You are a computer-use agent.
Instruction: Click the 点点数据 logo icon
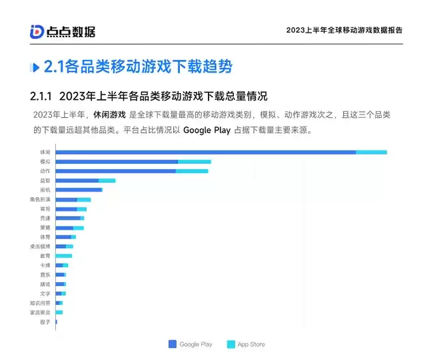coord(37,32)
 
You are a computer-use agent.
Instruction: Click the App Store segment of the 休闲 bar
coord(371,152)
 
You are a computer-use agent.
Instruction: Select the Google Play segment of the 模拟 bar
coord(117,162)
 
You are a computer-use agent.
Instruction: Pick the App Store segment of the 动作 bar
coord(192,171)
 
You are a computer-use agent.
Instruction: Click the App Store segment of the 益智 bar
coord(107,180)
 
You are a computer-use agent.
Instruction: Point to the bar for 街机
coord(79,190)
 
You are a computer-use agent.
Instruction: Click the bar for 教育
coord(64,256)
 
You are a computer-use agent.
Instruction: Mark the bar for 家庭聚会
coord(59,312)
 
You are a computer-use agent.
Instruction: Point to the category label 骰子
coord(45,322)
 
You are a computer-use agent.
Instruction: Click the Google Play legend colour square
coord(173,344)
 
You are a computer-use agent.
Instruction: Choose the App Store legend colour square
coord(231,344)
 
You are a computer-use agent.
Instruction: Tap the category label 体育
coord(45,237)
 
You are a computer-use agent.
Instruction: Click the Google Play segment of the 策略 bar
coord(64,228)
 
